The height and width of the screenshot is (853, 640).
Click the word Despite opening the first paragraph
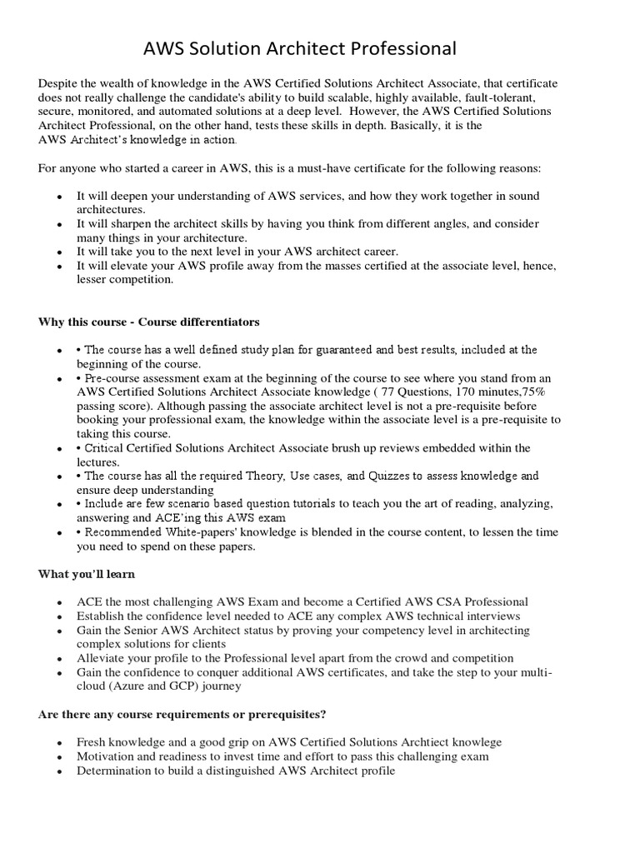(x=58, y=84)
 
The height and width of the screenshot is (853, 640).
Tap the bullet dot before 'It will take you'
(x=58, y=252)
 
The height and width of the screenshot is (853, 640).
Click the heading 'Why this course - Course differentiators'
(x=148, y=322)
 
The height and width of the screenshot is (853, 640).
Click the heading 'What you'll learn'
(x=87, y=574)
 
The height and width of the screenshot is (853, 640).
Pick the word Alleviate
(x=105, y=658)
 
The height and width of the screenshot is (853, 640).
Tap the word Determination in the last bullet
(x=115, y=771)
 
